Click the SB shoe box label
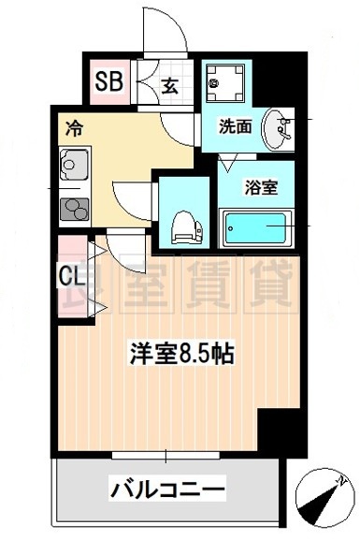pos(108,82)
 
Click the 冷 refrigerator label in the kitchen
pos(71,128)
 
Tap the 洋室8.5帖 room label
pos(180,355)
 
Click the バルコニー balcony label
pos(168,489)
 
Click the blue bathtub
pos(257,226)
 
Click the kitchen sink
pos(73,166)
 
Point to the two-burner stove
pos(72,208)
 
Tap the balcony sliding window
pos(167,456)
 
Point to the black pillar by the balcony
pos(278,431)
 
